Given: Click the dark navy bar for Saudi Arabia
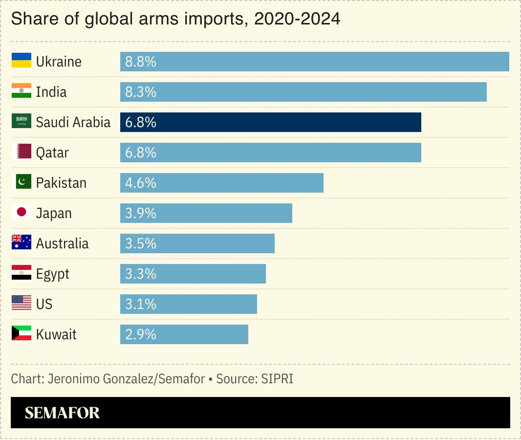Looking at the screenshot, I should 270,122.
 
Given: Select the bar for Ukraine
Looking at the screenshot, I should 314,62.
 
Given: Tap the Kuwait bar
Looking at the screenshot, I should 184,334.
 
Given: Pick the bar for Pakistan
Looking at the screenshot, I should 221,183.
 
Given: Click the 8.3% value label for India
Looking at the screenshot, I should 141,92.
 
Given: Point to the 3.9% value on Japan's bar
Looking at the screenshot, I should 141,213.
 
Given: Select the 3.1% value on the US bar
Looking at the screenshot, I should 141,304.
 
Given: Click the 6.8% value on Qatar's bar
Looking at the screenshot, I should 141,153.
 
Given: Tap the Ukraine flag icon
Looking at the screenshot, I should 22,61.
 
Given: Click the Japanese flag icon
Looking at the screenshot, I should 22,212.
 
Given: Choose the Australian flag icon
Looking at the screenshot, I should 22,242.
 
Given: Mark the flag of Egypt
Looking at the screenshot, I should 22,273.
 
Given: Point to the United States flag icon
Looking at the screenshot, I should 22,303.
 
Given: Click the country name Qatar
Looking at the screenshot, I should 52,153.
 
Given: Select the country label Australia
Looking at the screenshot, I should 63,243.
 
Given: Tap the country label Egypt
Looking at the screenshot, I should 53,274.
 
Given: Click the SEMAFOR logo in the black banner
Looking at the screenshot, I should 62,413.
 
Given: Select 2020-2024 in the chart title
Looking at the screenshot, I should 297,19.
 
